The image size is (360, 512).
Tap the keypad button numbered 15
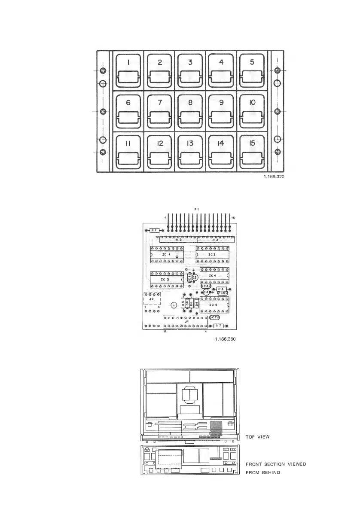(x=252, y=152)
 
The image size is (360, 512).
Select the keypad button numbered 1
(x=128, y=70)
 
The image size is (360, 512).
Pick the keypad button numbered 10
(x=252, y=111)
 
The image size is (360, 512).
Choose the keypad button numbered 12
(x=159, y=152)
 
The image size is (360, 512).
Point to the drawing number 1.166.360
(x=225, y=339)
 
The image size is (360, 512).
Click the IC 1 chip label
(x=166, y=255)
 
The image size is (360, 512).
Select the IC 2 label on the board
(x=212, y=255)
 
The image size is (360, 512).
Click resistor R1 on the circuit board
(x=154, y=230)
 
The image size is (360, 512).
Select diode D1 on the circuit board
(x=197, y=304)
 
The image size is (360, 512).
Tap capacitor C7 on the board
(x=215, y=317)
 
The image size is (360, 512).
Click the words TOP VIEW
(x=257, y=437)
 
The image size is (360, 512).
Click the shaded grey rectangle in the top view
(x=216, y=427)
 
